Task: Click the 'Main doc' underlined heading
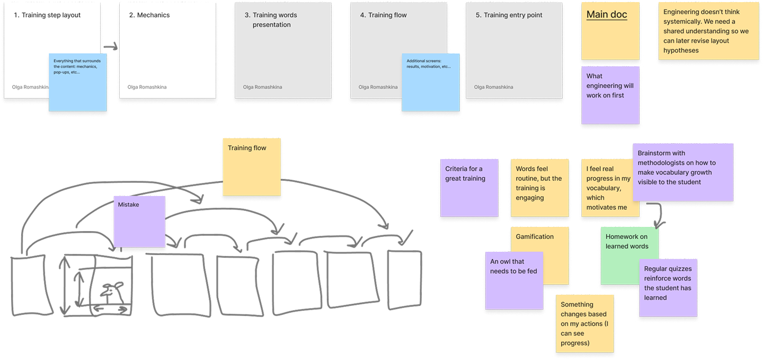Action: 607,15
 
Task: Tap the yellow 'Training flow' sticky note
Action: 251,167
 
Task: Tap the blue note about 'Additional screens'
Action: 430,82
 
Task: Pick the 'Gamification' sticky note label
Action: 535,236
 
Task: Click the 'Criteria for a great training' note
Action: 469,187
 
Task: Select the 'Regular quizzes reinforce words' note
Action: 668,287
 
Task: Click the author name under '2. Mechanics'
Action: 147,87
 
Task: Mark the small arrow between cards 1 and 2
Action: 110,48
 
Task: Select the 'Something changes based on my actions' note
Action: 585,323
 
